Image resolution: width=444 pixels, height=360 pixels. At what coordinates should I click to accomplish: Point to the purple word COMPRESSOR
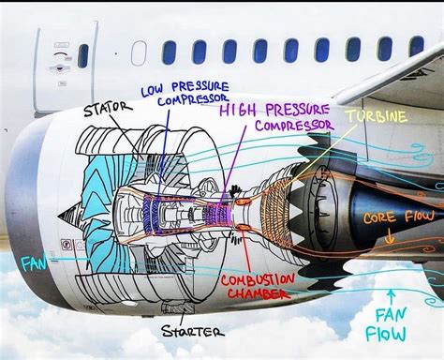pos(290,125)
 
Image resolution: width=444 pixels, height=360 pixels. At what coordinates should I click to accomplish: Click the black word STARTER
pos(192,331)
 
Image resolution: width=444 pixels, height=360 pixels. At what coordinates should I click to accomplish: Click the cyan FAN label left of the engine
pos(33,265)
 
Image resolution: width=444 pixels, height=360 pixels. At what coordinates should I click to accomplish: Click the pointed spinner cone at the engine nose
pos(67,217)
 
